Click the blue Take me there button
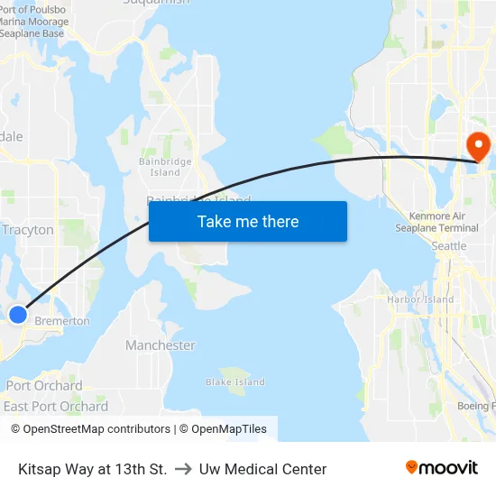pyautogui.click(x=248, y=221)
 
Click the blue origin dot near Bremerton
pyautogui.click(x=18, y=314)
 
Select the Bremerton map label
pyautogui.click(x=62, y=321)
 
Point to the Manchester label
pyautogui.click(x=160, y=345)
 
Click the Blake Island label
pyautogui.click(x=235, y=382)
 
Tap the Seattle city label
pyautogui.click(x=449, y=246)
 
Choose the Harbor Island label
pyautogui.click(x=420, y=299)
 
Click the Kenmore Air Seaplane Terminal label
pyautogui.click(x=436, y=222)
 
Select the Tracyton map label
pyautogui.click(x=28, y=230)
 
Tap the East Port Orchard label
pyautogui.click(x=56, y=407)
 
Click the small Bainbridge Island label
pyautogui.click(x=165, y=167)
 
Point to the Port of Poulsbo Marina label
pyautogui.click(x=33, y=22)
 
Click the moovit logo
pyautogui.click(x=441, y=468)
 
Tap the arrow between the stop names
pyautogui.click(x=183, y=469)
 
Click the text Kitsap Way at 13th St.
pyautogui.click(x=92, y=469)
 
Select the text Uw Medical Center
pyautogui.click(x=263, y=469)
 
